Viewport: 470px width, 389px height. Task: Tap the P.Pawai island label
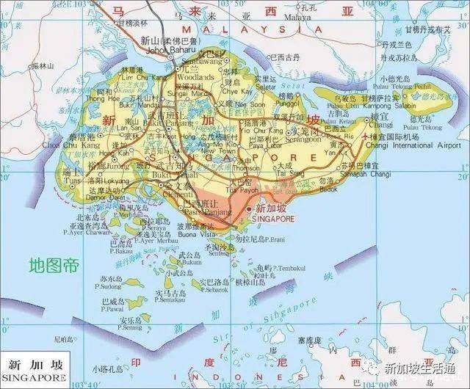pyautogui.click(x=112, y=309)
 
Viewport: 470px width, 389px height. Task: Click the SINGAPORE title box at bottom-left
pyautogui.click(x=35, y=370)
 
